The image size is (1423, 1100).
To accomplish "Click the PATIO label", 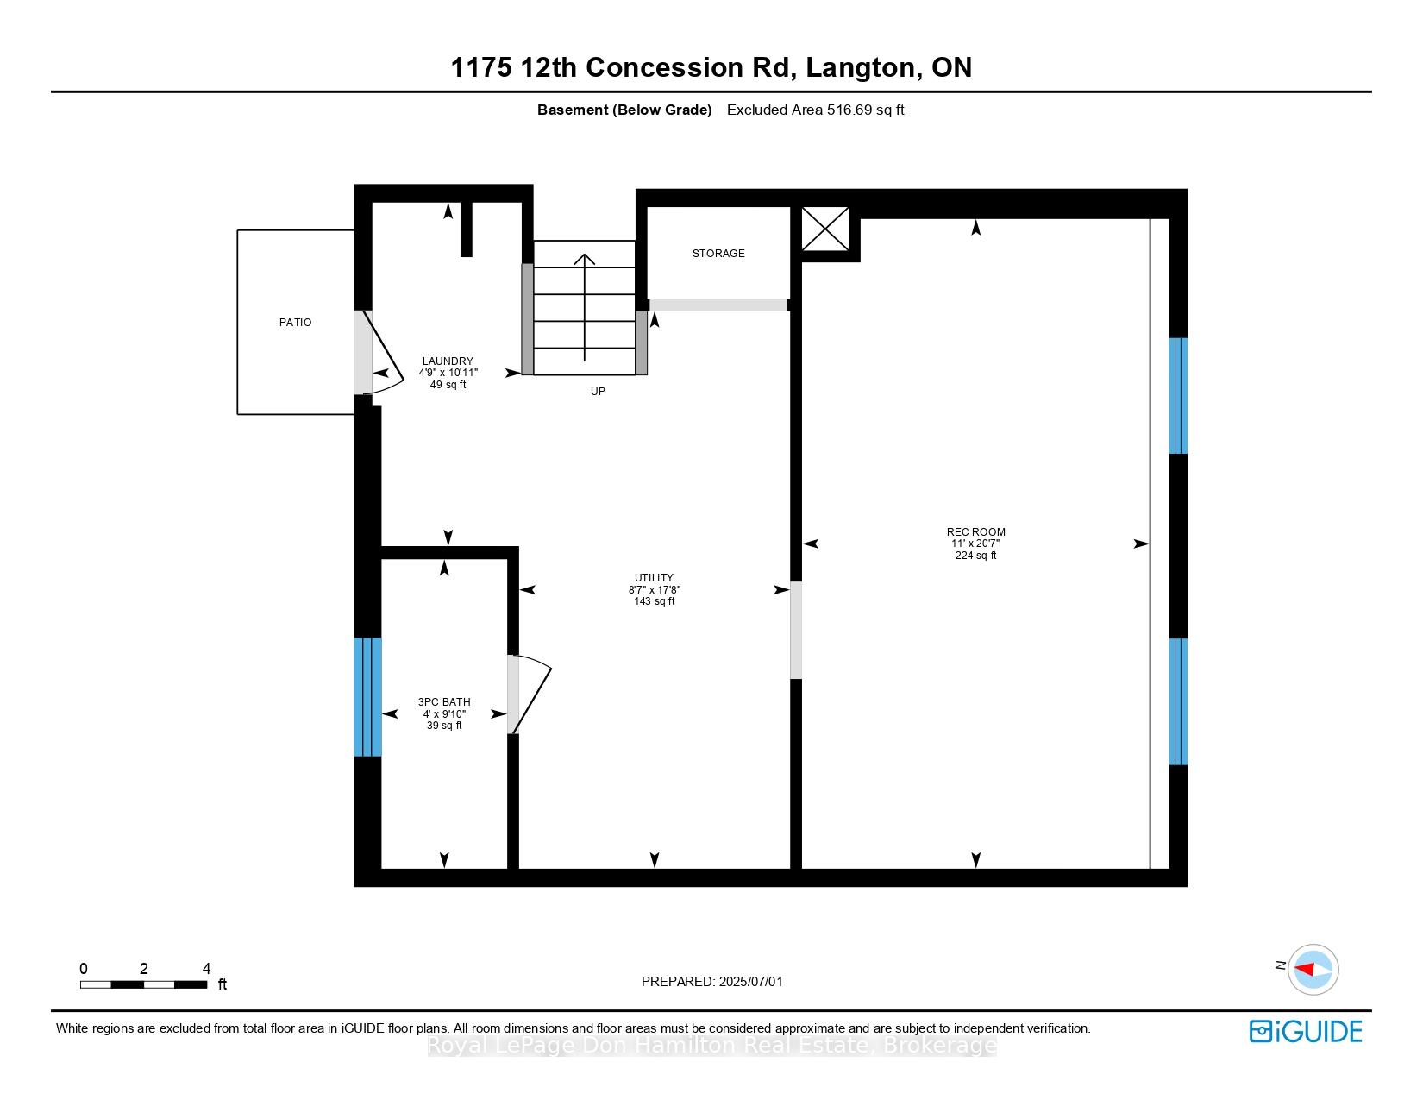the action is click(x=295, y=323).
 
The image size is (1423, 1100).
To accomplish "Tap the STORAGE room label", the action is click(x=718, y=254).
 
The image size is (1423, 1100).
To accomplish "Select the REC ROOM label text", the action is click(x=975, y=532).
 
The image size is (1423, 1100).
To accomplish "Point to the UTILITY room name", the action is click(x=654, y=578).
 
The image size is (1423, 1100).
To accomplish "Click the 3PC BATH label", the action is click(x=444, y=701).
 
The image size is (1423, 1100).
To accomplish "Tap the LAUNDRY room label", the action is click(x=448, y=361).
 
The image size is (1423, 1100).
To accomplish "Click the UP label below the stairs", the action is click(x=598, y=392).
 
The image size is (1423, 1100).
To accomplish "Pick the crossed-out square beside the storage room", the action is click(x=825, y=229).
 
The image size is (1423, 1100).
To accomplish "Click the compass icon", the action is click(x=1313, y=970).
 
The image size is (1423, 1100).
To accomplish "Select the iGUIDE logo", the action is click(x=1305, y=1032).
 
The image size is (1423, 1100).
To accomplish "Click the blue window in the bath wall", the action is click(x=368, y=697).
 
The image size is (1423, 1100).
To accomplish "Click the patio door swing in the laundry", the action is click(x=384, y=353).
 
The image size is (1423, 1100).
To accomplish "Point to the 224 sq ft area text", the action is click(x=975, y=556).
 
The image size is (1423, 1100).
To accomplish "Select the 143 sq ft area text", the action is click(x=654, y=601).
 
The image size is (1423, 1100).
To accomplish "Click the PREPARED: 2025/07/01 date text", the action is click(x=711, y=982).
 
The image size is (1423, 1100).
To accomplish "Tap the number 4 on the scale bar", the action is click(x=206, y=968).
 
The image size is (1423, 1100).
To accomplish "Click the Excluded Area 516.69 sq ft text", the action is click(x=815, y=110).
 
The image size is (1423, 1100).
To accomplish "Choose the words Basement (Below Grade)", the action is click(x=624, y=110).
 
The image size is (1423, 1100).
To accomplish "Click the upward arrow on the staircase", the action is click(x=584, y=307).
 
